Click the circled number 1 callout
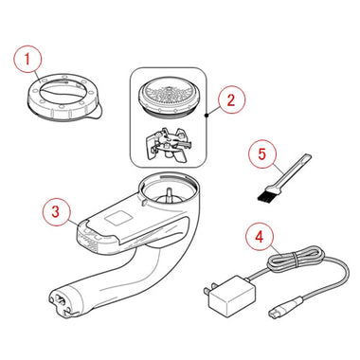[27, 60]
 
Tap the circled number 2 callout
[231, 100]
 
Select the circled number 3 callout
[56, 211]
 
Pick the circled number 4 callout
[260, 237]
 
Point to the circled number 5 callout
[262, 154]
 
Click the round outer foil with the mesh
[170, 99]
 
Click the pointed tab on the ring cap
[96, 113]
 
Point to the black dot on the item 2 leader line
[207, 116]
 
